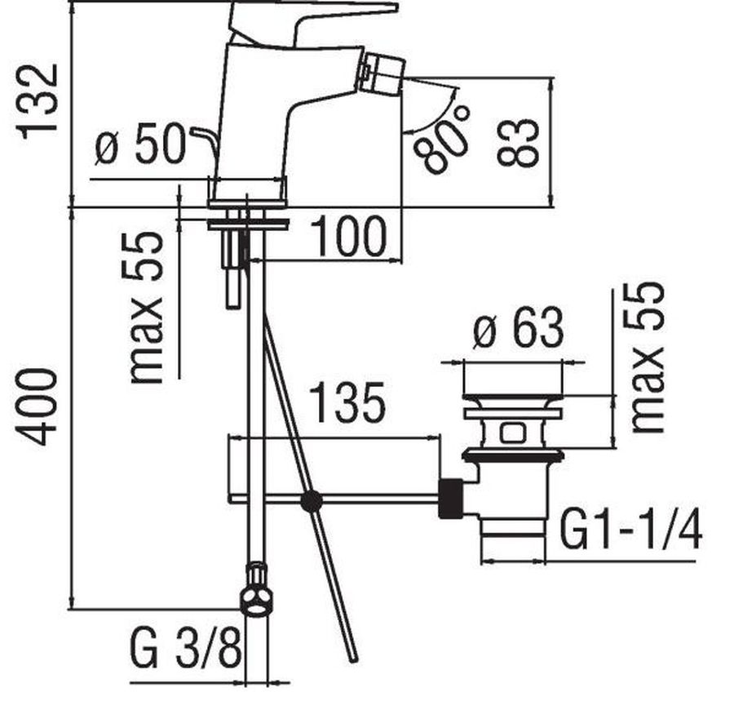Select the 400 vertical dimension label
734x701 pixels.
point(38,406)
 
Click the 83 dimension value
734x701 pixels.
point(517,142)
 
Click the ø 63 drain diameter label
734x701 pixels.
point(518,327)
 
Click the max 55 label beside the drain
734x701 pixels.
point(648,357)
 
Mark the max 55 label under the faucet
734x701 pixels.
point(147,308)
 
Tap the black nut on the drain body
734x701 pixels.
point(451,499)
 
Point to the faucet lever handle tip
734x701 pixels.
point(396,7)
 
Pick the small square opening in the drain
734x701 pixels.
point(514,433)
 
